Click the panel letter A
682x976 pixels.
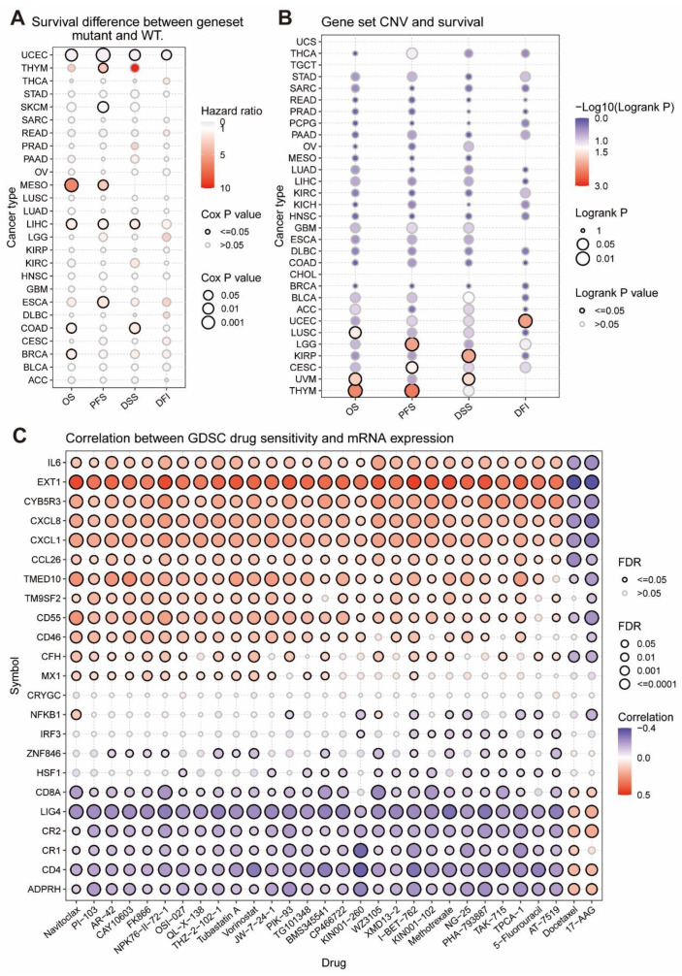tap(14, 14)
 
